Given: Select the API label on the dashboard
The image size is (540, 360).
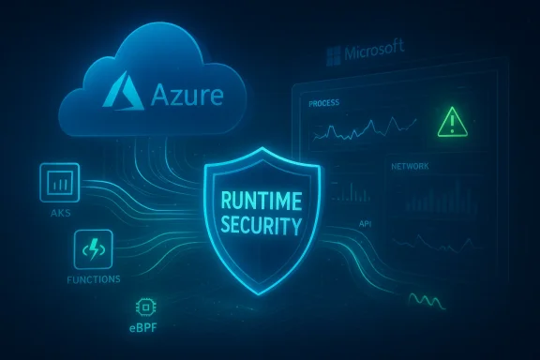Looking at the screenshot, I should click(x=365, y=225).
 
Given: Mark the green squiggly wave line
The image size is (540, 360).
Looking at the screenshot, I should click(x=428, y=301).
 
